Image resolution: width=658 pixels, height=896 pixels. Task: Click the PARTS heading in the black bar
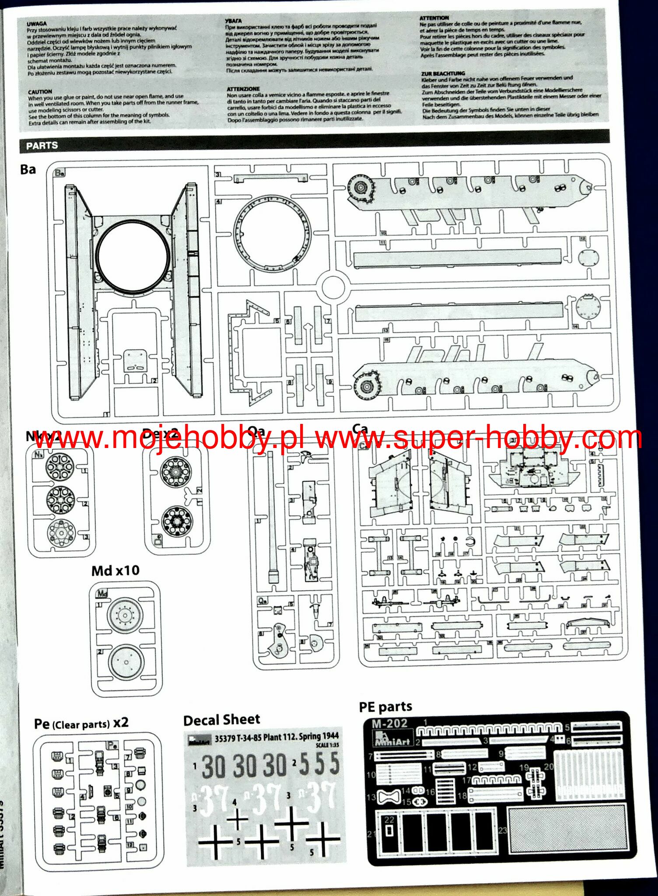click(42, 145)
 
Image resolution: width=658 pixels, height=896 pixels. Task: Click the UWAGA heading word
click(37, 24)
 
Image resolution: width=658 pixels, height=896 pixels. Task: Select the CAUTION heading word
click(40, 92)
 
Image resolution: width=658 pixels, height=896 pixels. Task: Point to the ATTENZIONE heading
click(243, 89)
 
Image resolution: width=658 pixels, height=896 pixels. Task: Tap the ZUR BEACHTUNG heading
click(443, 73)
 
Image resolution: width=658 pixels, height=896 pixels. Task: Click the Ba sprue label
click(28, 169)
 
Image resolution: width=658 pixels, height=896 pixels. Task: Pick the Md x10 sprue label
click(115, 570)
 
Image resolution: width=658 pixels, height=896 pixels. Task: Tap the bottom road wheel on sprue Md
click(126, 662)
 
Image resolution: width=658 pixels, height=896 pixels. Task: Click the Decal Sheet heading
click(221, 720)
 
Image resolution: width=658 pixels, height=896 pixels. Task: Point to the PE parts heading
click(385, 707)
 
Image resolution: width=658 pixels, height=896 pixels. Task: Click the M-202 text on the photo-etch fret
click(389, 724)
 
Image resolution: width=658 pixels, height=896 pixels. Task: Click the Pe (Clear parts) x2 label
click(81, 724)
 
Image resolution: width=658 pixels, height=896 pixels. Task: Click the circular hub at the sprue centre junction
click(335, 287)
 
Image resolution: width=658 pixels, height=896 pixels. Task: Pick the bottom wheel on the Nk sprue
click(61, 532)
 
